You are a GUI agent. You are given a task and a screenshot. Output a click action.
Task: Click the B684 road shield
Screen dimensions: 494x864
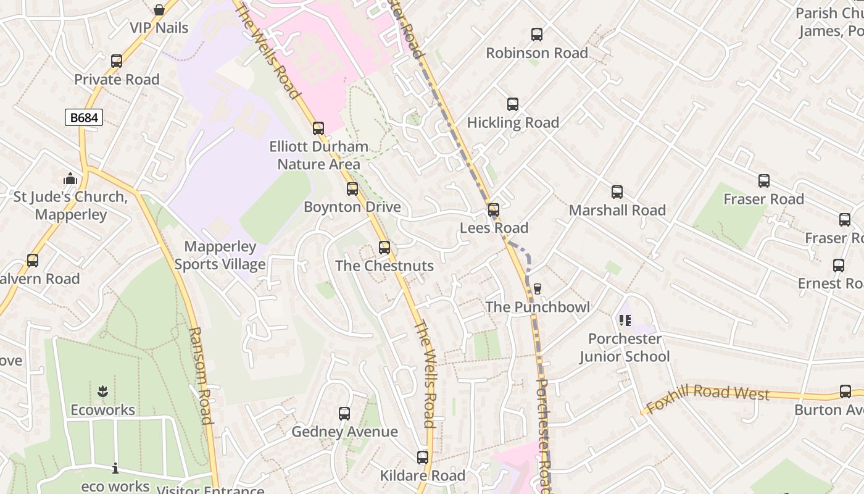pos(84,117)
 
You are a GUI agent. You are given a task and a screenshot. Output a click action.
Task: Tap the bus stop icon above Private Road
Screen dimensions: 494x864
pos(117,61)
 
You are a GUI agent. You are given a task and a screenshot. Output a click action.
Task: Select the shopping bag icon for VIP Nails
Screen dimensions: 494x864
pos(159,10)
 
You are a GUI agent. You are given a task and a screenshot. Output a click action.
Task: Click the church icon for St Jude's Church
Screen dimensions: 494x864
pos(70,179)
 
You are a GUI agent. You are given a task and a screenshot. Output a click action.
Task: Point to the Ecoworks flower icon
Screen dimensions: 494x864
pos(102,391)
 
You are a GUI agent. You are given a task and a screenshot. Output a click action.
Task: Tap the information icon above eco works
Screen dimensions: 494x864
pos(115,469)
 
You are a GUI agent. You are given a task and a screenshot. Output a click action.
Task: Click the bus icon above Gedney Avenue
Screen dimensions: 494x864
pos(344,414)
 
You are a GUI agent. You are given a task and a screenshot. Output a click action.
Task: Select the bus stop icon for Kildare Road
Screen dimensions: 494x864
pos(423,458)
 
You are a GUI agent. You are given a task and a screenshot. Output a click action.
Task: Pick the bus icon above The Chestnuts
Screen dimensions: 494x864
pos(384,248)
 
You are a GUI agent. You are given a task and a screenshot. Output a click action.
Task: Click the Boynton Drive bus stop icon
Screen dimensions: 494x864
pos(352,189)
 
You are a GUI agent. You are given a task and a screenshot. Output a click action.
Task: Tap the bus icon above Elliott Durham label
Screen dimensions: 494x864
pos(318,128)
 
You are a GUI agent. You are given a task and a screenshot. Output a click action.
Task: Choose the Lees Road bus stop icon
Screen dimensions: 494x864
pos(494,210)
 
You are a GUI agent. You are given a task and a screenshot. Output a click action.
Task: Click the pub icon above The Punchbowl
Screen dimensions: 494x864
pos(538,288)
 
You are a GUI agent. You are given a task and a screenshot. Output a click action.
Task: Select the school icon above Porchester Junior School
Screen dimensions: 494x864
pos(625,320)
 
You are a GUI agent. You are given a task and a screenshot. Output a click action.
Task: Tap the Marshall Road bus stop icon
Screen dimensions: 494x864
pos(617,192)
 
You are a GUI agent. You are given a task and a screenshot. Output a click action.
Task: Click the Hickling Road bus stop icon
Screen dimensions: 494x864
pos(513,104)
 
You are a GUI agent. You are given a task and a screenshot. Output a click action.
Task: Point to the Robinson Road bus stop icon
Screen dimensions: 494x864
pos(537,35)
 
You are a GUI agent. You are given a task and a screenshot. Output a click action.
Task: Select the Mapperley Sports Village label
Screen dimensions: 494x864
pos(220,255)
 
